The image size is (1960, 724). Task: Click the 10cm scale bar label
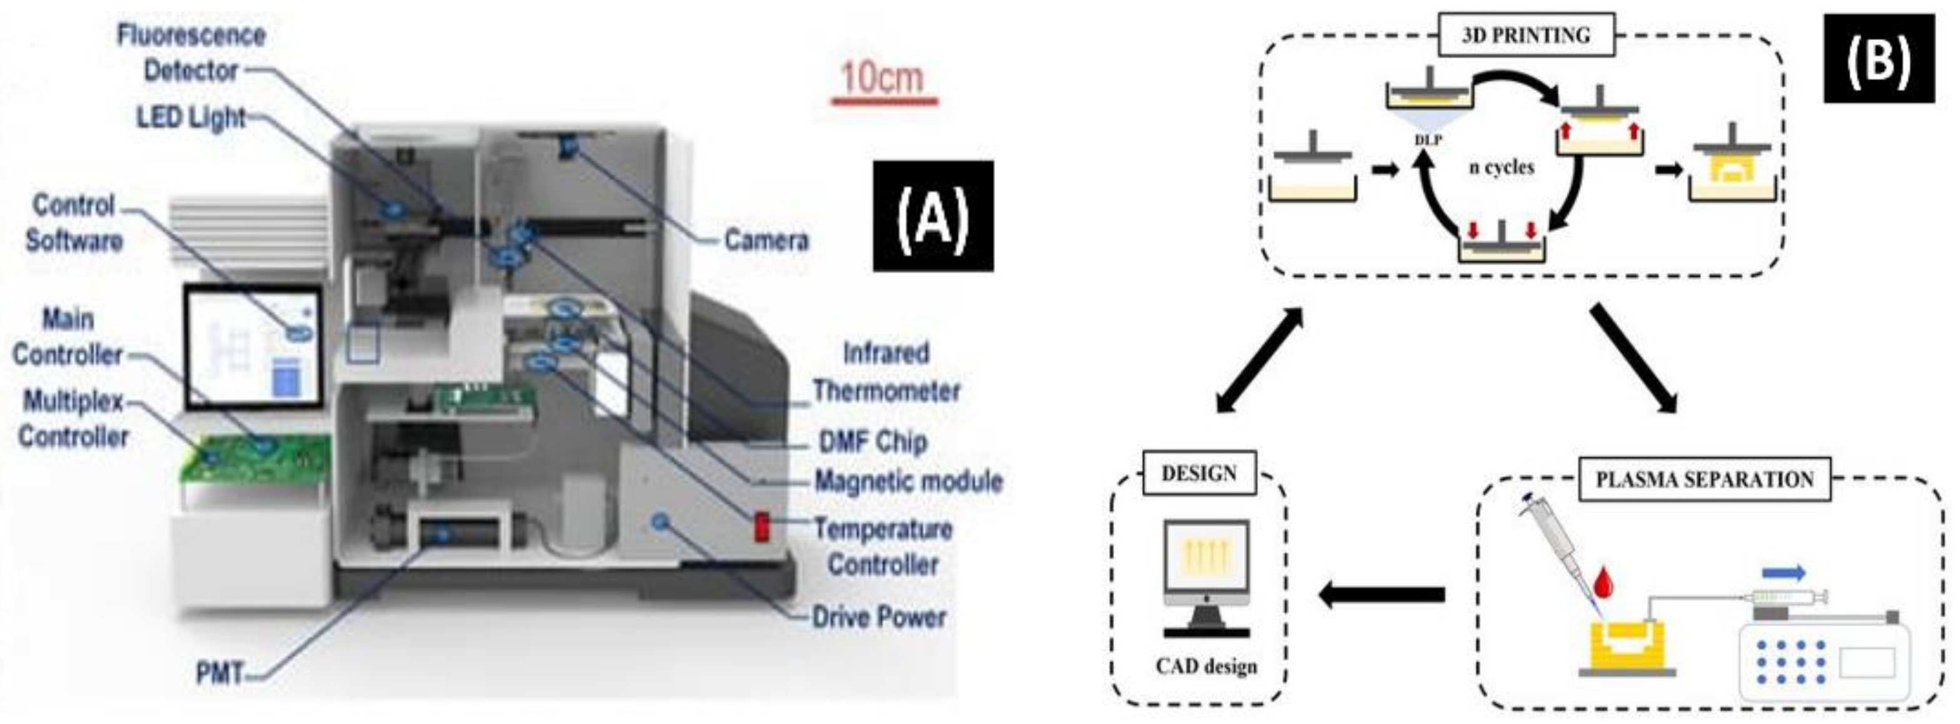click(x=882, y=78)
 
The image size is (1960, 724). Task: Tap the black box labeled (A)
click(x=933, y=217)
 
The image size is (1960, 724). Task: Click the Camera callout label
click(x=765, y=240)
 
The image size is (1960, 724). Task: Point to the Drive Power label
click(x=879, y=616)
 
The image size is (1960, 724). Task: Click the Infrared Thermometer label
click(x=886, y=372)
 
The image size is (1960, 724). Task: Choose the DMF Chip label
click(x=872, y=442)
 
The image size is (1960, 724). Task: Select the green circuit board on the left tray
click(x=255, y=457)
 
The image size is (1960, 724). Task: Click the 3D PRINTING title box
click(x=1525, y=36)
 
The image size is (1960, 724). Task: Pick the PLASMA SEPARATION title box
click(x=1704, y=479)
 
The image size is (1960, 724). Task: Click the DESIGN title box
click(x=1198, y=474)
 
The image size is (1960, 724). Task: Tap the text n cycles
click(x=1501, y=166)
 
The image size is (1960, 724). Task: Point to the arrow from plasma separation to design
click(x=1381, y=594)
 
